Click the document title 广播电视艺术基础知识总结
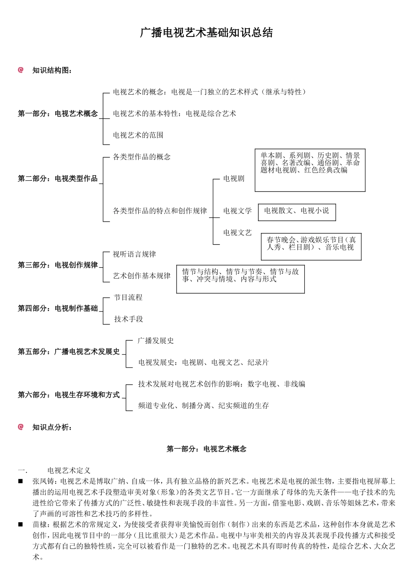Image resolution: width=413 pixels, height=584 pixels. point(206,33)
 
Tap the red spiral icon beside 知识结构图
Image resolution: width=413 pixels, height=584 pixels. point(20,70)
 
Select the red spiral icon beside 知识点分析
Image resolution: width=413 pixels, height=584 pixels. point(20,427)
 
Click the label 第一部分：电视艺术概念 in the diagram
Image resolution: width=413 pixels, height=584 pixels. point(58,114)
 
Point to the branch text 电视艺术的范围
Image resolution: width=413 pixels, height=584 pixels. point(138,135)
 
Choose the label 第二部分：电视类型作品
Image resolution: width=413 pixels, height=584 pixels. point(58,179)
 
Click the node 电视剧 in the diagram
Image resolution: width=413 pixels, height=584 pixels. point(234,179)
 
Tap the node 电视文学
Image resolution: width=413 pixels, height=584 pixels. point(237,211)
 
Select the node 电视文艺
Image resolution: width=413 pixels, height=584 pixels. point(237,232)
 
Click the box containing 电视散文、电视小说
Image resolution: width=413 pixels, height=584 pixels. point(297,212)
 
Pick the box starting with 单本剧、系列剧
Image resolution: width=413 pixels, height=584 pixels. point(310,170)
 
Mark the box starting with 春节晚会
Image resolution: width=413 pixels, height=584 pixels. point(311,247)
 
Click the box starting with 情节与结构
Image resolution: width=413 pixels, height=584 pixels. point(240,279)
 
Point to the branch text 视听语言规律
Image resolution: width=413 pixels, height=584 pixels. point(134,254)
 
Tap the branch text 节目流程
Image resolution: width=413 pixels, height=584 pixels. point(128,297)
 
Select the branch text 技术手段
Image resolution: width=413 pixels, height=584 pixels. point(129,319)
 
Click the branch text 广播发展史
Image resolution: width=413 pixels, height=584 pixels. point(156,341)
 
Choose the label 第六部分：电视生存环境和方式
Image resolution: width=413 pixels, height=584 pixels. point(69,395)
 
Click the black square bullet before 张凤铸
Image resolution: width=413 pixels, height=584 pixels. point(20,481)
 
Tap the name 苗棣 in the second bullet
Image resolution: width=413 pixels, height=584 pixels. point(39,524)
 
